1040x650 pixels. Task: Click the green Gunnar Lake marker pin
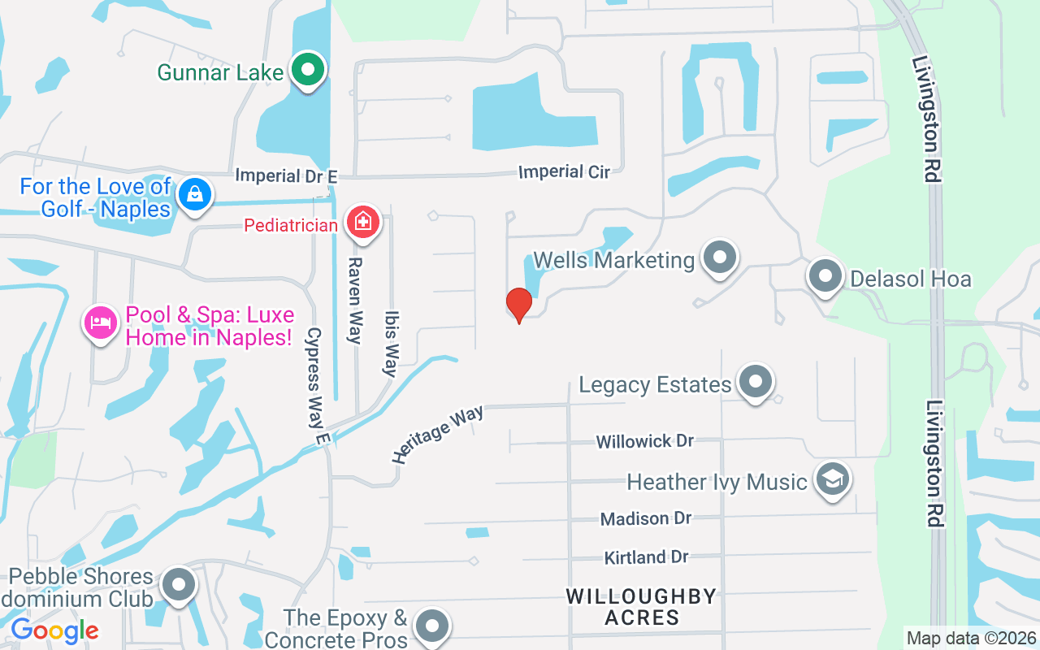click(x=308, y=71)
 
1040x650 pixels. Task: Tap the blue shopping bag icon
click(x=195, y=195)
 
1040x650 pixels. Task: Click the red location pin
click(x=518, y=305)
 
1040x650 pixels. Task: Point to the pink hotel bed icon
click(x=101, y=323)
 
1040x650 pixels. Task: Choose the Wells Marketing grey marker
click(x=718, y=259)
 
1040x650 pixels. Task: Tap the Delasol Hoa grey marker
click(x=825, y=276)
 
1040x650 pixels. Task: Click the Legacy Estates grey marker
click(x=756, y=382)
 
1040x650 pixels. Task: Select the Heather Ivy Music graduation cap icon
click(x=832, y=479)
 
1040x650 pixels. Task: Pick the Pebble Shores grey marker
click(x=178, y=584)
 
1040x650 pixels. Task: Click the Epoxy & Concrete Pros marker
click(x=431, y=626)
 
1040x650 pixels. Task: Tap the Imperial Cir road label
click(x=564, y=171)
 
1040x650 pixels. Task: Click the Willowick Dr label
click(x=645, y=441)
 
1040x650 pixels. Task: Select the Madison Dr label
click(x=646, y=518)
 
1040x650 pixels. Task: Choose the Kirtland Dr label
click(x=646, y=557)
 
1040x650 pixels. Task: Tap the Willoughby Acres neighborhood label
click(x=642, y=607)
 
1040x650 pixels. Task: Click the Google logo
click(x=54, y=630)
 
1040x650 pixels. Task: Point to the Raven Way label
click(x=355, y=301)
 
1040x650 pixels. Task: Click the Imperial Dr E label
click(x=285, y=175)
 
